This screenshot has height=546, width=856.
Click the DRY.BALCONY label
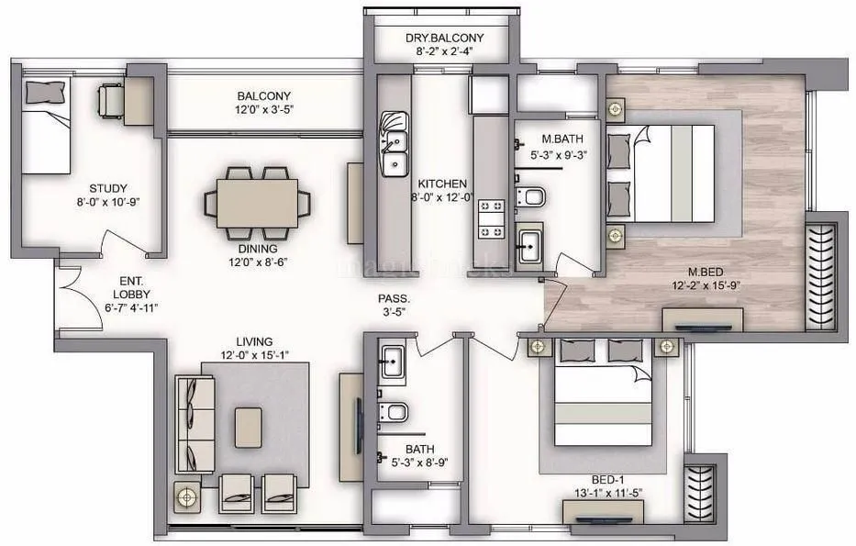click(444, 39)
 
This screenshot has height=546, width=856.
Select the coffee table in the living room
click(248, 427)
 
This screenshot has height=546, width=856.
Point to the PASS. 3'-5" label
click(394, 306)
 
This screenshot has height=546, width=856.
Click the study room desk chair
click(111, 95)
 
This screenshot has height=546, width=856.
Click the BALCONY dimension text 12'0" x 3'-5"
click(264, 110)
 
